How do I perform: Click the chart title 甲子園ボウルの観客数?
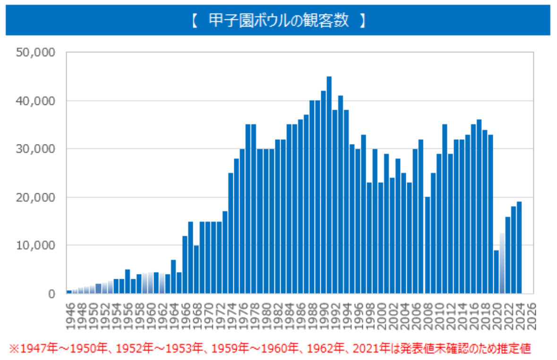[278, 20]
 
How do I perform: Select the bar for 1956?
[128, 281]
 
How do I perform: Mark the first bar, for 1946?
[69, 291]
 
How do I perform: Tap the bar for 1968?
[197, 269]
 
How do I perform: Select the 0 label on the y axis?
[51, 293]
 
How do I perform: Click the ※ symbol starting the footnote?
[13, 349]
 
